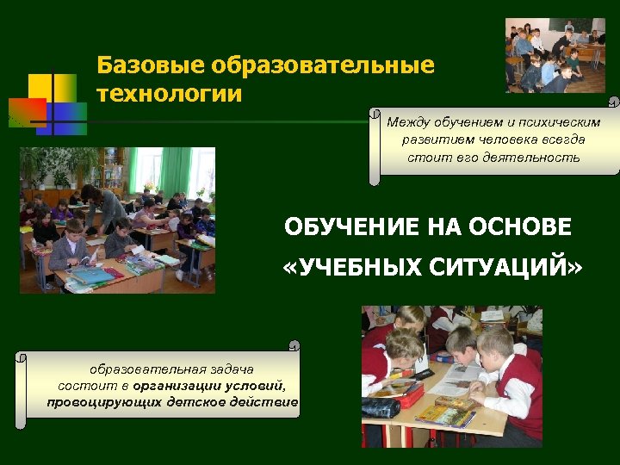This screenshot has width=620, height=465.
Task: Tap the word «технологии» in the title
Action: pos(170,92)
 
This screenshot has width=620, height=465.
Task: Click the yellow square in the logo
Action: pos(40,88)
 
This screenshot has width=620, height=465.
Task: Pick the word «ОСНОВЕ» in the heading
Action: pos(528,227)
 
